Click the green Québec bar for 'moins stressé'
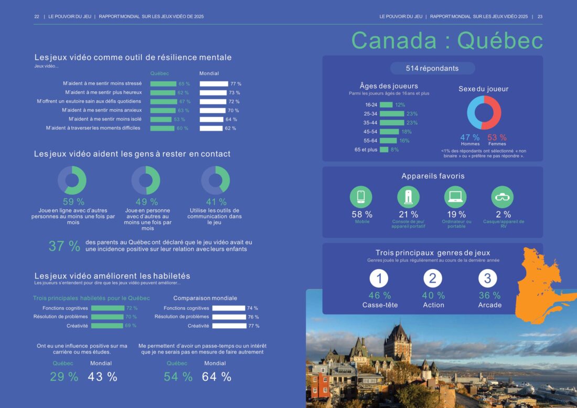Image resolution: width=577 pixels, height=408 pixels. pos(163,83)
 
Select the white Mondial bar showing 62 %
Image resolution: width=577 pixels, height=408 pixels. pos(211,128)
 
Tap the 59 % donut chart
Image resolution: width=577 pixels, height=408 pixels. pos(72,180)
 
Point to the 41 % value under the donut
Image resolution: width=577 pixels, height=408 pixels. pos(216,202)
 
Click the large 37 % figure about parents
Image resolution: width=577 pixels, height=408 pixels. pos(64,246)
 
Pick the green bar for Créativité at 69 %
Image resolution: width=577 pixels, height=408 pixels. pos(108,326)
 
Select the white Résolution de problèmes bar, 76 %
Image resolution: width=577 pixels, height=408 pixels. pos(229,317)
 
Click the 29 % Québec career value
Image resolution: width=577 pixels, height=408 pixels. pos(64,377)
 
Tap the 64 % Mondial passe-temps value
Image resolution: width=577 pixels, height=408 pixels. pos(217,377)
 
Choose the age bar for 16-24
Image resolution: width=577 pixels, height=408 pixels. pos(386,105)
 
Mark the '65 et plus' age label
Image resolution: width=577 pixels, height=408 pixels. pos(366,150)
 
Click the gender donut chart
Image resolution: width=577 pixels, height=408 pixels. pos(484,112)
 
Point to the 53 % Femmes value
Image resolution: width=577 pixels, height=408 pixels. pos(497,137)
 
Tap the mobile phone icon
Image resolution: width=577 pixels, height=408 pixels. pos(361,197)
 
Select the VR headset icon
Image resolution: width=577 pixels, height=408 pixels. pos(503,197)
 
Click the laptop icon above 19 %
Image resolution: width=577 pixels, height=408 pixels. pos(455,197)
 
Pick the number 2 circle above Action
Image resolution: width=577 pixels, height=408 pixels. pos(433,278)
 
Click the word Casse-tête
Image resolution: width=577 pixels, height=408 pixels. pos(380,305)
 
